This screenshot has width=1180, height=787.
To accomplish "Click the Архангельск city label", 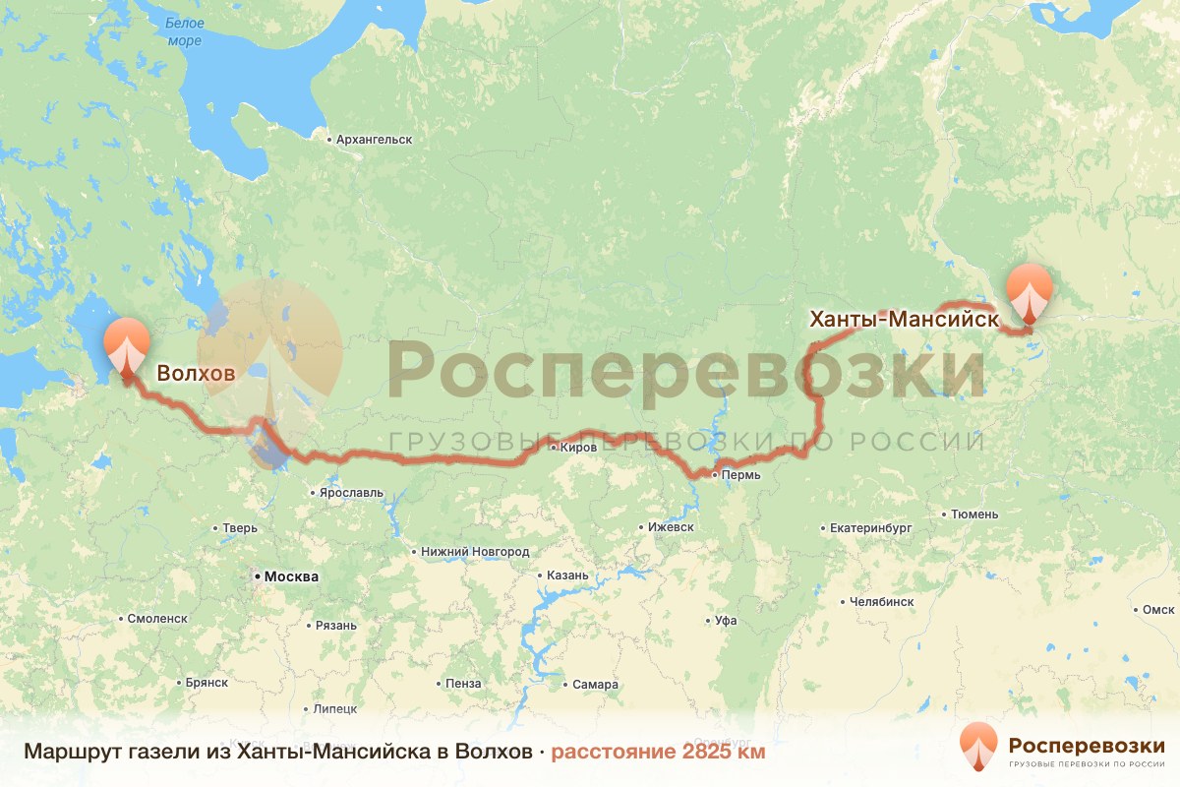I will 374,140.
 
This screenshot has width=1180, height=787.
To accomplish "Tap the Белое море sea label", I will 184,31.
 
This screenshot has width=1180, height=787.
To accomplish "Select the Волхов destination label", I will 197,374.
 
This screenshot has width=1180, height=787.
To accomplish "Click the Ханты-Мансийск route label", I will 904,320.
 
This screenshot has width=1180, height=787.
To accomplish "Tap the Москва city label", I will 287,576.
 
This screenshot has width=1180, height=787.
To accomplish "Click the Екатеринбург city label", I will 870,528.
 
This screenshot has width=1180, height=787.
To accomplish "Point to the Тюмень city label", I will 974,514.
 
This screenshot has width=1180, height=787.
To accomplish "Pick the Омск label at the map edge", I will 1158,609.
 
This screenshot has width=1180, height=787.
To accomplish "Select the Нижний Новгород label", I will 475,552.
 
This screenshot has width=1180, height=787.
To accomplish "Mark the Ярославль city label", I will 346,493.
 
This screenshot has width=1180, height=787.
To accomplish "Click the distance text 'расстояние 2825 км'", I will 657,753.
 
